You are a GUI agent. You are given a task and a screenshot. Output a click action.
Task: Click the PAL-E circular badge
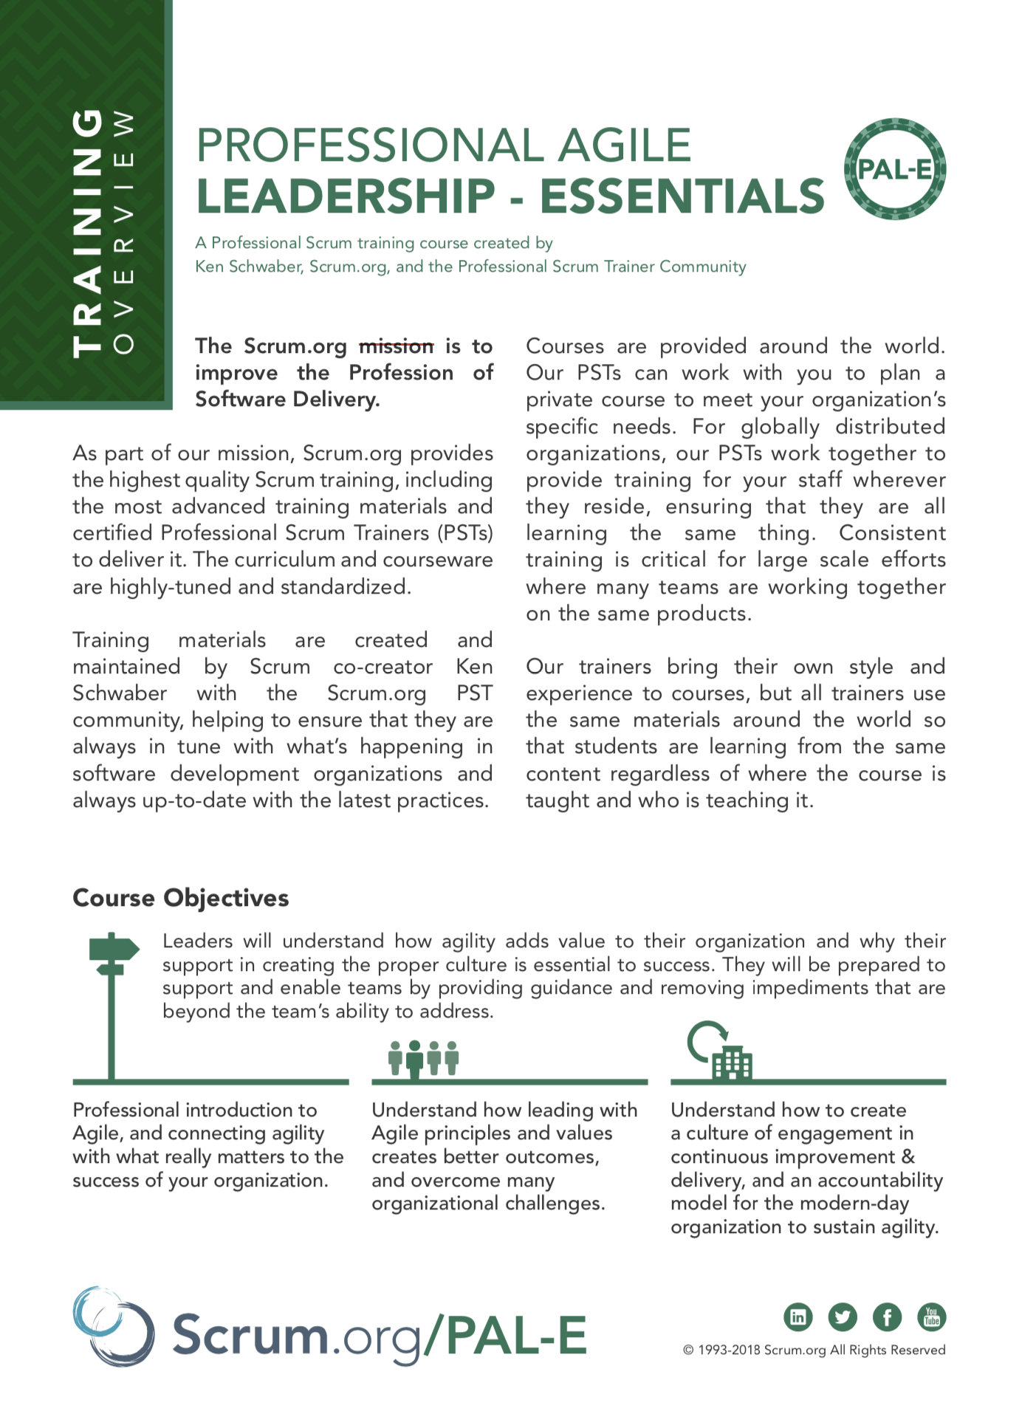[894, 169]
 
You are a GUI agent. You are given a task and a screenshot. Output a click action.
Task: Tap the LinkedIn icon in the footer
[797, 1317]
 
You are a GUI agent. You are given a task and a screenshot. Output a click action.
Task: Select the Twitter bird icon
[843, 1317]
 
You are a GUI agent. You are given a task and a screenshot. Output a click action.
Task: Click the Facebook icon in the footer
[887, 1317]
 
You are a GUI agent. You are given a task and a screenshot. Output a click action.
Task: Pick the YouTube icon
[931, 1317]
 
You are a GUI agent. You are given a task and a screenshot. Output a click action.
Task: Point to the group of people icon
[424, 1058]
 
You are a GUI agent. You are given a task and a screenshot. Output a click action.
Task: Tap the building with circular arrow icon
[721, 1051]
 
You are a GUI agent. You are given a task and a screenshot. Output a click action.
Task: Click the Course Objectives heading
[181, 898]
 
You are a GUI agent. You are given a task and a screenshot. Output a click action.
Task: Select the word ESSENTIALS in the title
[682, 196]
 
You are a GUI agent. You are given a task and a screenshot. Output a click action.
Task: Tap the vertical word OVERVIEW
[124, 233]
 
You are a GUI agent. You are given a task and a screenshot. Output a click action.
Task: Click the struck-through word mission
[396, 346]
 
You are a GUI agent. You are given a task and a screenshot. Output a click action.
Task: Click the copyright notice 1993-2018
[814, 1350]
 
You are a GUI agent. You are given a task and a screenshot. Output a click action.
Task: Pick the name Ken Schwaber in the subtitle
[249, 267]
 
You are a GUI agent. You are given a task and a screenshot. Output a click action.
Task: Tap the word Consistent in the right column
[892, 533]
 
